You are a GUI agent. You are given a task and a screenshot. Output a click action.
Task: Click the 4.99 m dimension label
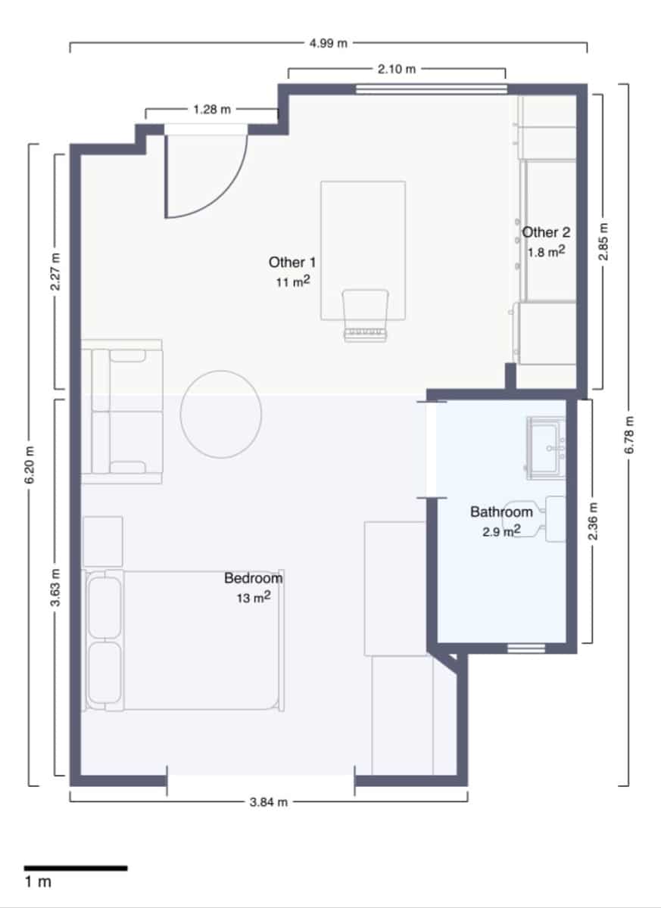click(x=328, y=43)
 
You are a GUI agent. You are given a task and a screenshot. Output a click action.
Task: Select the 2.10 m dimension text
click(x=397, y=69)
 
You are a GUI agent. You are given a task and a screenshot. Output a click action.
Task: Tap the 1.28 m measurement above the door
click(x=212, y=109)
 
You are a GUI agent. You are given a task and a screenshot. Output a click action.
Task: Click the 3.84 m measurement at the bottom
click(x=269, y=802)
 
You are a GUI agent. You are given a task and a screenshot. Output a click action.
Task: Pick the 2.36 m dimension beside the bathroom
click(x=593, y=522)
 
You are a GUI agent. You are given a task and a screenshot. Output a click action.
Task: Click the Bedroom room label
click(x=253, y=578)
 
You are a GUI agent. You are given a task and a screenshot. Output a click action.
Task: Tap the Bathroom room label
click(x=501, y=512)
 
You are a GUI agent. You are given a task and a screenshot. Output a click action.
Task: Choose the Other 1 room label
click(x=292, y=263)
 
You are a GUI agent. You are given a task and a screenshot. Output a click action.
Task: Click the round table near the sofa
click(x=221, y=413)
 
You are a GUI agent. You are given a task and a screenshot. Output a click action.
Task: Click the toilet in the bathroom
click(x=534, y=519)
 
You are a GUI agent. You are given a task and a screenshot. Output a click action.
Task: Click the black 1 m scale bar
click(x=75, y=868)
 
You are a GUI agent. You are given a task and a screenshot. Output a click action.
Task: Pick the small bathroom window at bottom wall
click(x=525, y=648)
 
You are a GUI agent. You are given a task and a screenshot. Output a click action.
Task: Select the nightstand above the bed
click(x=103, y=542)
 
